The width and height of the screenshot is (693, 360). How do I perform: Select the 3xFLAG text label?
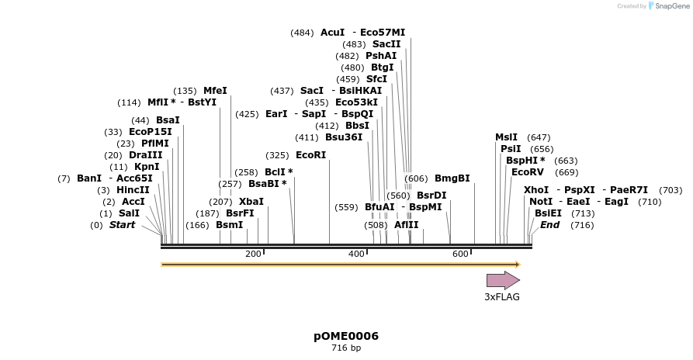click(x=502, y=297)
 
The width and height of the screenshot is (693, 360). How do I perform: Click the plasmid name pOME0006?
click(x=346, y=336)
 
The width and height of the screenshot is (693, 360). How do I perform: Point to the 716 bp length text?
click(x=346, y=348)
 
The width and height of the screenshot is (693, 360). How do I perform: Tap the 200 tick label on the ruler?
click(x=253, y=254)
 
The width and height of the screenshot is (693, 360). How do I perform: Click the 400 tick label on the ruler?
click(x=356, y=254)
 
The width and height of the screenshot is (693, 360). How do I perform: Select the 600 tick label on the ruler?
click(x=460, y=254)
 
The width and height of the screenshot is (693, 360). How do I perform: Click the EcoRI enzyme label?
click(x=310, y=155)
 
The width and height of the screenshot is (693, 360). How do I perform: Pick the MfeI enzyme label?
click(x=215, y=91)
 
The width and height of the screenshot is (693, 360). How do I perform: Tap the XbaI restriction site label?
click(x=251, y=202)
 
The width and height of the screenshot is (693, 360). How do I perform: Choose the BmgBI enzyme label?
click(x=452, y=178)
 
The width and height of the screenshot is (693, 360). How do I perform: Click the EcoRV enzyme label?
click(x=528, y=172)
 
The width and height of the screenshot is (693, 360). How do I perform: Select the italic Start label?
click(x=122, y=225)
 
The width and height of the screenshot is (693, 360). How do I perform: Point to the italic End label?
click(x=549, y=225)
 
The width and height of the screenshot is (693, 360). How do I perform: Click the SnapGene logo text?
click(x=671, y=6)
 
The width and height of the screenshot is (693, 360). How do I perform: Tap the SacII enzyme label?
click(x=386, y=44)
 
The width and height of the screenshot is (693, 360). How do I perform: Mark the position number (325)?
click(x=277, y=155)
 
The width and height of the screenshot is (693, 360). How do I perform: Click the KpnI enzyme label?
click(x=147, y=167)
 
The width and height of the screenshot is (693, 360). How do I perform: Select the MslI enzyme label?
click(x=506, y=137)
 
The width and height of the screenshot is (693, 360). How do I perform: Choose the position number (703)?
click(x=670, y=190)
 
